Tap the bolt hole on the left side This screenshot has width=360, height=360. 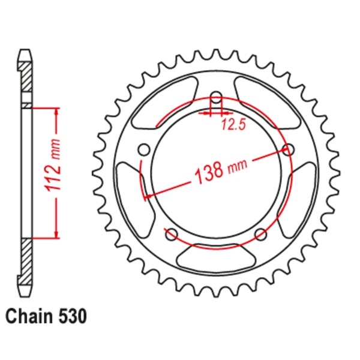click(143, 149)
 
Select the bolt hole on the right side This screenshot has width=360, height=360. click(288, 149)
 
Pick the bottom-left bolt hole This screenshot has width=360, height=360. click(170, 233)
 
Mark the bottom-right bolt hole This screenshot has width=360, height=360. click(260, 233)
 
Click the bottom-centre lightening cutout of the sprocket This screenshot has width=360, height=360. click(215, 260)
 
